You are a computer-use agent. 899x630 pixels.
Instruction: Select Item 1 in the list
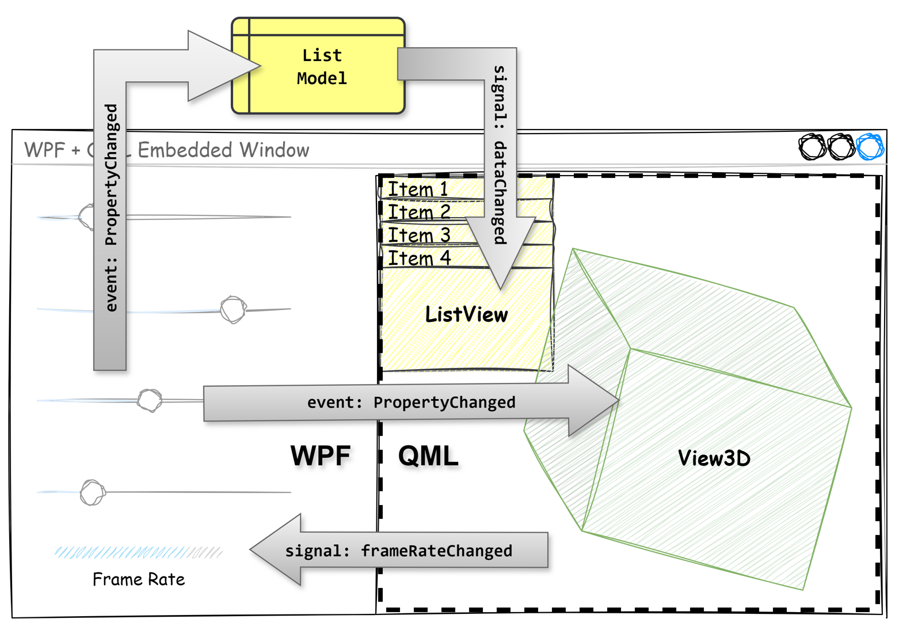click(417, 189)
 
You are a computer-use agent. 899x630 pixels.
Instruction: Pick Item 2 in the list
click(418, 212)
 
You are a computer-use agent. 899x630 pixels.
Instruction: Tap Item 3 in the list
click(418, 235)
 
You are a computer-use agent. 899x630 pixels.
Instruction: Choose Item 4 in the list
click(418, 258)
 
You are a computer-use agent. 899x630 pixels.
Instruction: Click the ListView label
click(466, 314)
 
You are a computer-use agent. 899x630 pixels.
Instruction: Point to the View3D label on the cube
click(714, 458)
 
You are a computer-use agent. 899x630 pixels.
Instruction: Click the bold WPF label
click(321, 456)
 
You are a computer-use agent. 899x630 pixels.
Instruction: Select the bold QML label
click(428, 456)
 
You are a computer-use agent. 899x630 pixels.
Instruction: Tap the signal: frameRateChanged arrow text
click(398, 551)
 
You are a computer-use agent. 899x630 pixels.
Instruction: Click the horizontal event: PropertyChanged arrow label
click(411, 402)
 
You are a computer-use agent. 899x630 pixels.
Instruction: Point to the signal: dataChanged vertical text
click(500, 154)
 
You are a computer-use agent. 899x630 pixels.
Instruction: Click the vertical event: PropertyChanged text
click(111, 207)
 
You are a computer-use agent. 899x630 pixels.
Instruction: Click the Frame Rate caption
click(139, 579)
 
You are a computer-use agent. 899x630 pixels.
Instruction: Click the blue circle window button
click(870, 147)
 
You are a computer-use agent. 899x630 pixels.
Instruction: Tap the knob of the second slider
click(233, 310)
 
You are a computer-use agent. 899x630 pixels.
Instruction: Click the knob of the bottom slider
click(92, 492)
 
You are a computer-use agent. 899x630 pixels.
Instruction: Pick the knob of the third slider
click(150, 400)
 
